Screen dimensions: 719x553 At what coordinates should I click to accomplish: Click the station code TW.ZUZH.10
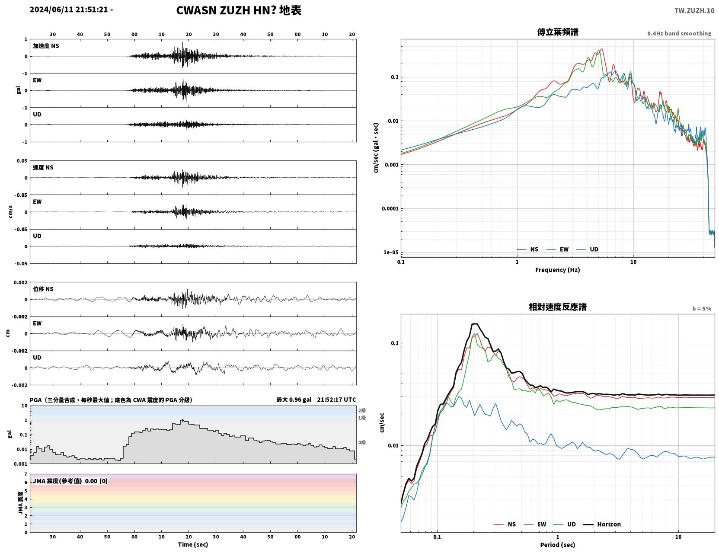[x=694, y=10]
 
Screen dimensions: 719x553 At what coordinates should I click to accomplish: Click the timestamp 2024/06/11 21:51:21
[x=69, y=10]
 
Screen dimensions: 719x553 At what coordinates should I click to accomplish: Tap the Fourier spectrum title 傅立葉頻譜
[x=558, y=32]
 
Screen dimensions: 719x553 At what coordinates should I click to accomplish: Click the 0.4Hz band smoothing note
[x=679, y=33]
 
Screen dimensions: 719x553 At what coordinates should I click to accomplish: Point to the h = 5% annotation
[x=701, y=309]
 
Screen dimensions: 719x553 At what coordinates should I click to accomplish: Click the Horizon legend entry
[x=602, y=524]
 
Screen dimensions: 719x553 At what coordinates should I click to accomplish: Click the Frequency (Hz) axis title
[x=558, y=270]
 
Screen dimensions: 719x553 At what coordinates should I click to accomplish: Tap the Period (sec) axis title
[x=558, y=545]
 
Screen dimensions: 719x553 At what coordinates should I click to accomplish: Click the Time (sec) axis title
[x=193, y=544]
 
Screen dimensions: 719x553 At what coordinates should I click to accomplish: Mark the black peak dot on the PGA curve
[x=182, y=420]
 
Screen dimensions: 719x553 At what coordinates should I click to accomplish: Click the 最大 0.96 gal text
[x=294, y=400]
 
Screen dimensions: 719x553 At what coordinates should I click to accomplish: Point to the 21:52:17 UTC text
[x=336, y=400]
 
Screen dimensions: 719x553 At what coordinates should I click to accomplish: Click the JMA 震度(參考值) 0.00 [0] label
[x=70, y=481]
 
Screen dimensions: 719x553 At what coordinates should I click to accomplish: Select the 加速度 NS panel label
[x=46, y=46]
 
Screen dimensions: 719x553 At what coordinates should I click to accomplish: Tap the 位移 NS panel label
[x=43, y=289]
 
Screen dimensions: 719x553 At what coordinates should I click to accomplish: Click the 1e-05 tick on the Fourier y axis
[x=391, y=253]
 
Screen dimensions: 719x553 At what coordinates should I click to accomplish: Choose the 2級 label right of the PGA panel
[x=362, y=410]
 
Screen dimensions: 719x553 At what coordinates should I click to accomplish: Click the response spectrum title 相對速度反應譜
[x=558, y=307]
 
